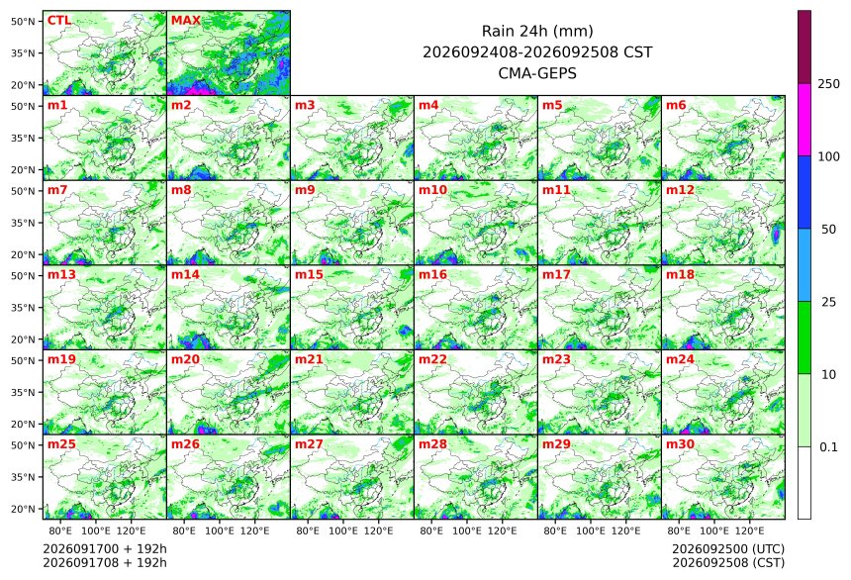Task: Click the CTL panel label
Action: [59, 21]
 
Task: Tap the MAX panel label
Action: [186, 21]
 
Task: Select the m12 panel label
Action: [680, 190]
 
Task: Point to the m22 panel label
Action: [432, 359]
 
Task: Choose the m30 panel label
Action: [680, 444]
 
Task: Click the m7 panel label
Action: [57, 190]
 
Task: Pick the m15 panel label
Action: [309, 275]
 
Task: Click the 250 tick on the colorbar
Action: [828, 83]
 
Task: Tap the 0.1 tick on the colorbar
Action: [828, 447]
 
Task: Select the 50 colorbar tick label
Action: [828, 230]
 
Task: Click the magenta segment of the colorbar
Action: [804, 120]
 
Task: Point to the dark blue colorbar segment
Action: [804, 192]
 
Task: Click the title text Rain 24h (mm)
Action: [537, 31]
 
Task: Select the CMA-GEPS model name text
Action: [537, 73]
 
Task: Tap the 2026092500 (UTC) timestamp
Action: [728, 549]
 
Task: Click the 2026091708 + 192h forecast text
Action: [105, 562]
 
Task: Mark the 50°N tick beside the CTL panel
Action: [23, 21]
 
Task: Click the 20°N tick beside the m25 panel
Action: [23, 509]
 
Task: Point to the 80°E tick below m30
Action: [679, 531]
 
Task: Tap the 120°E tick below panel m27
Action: [378, 531]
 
